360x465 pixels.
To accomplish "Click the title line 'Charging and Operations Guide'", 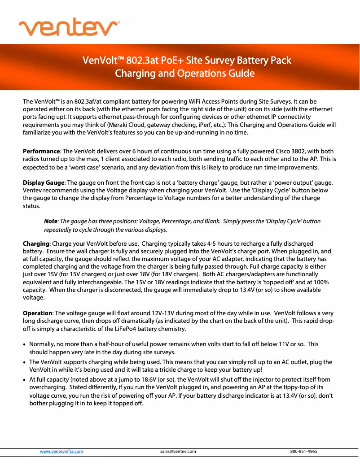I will (x=184, y=73).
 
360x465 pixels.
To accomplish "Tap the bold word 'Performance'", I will (x=41, y=152).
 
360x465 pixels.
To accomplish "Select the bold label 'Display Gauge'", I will (x=44, y=183).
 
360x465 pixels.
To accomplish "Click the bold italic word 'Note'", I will (x=50, y=222).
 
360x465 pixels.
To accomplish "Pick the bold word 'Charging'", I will (x=36, y=243).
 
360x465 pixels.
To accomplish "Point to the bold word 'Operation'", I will (x=38, y=313).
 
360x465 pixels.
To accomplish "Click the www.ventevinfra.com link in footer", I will (x=61, y=451).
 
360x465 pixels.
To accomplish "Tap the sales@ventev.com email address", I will (x=178, y=451).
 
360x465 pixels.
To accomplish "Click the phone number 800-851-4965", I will (x=304, y=451).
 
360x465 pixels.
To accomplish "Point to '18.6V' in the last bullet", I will (x=119, y=379).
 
